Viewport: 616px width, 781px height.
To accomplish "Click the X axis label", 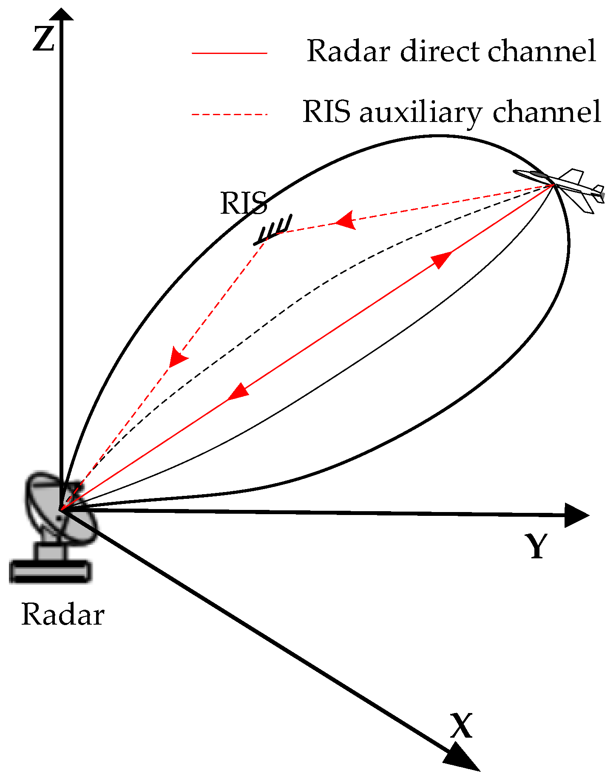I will [x=461, y=725].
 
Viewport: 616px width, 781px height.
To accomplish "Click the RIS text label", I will [x=244, y=203].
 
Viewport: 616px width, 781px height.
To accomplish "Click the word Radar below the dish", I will [x=62, y=614].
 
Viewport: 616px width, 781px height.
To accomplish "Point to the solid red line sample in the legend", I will [x=229, y=53].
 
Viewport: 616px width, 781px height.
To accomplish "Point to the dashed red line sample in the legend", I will [x=229, y=114].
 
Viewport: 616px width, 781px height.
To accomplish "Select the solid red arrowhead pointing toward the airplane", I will [x=441, y=259].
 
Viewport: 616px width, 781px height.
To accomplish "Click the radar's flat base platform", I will [x=50, y=572].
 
